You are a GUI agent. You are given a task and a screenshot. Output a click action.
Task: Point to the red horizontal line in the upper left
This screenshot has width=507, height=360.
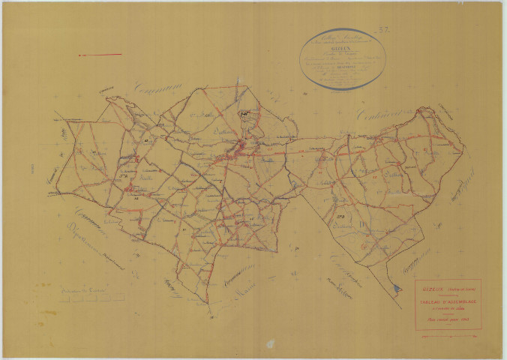click(x=100, y=54)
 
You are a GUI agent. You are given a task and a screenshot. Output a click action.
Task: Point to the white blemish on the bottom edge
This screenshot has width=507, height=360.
click(x=269, y=343)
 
